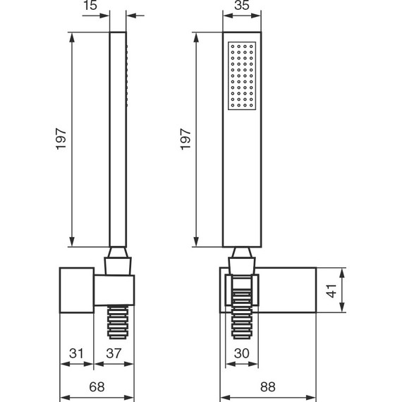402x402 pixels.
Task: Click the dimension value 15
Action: point(90,5)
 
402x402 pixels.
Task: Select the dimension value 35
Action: point(242,5)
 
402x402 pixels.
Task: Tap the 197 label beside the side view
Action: point(61,139)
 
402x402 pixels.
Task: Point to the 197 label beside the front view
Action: point(185,139)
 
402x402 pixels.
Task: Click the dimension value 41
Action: point(331,291)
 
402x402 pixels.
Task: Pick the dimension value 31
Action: point(76,353)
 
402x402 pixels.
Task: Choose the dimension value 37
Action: point(114,353)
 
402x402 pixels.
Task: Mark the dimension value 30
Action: point(241,353)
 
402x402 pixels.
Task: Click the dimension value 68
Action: point(97,386)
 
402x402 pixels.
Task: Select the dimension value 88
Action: point(268,386)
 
